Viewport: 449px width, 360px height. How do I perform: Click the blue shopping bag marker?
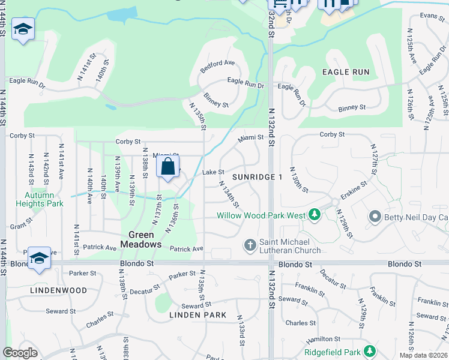click(x=167, y=166)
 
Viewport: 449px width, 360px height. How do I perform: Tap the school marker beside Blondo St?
click(x=39, y=259)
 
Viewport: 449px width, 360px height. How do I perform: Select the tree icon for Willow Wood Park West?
click(x=314, y=214)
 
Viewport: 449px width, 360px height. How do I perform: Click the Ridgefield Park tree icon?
click(x=370, y=350)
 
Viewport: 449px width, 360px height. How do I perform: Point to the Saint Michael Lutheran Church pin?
click(x=250, y=245)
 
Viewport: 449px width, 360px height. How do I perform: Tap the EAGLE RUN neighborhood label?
click(x=345, y=72)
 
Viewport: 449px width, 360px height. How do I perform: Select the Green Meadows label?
click(x=141, y=239)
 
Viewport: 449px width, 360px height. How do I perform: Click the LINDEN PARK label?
click(x=197, y=315)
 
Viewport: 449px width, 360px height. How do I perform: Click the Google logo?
click(x=20, y=353)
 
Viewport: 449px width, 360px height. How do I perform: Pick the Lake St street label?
click(x=213, y=172)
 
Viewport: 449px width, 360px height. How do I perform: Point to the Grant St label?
click(x=21, y=226)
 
